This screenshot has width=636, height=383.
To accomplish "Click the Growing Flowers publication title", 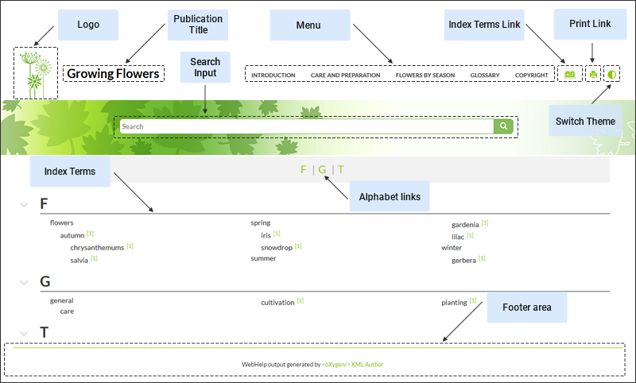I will coord(114,74).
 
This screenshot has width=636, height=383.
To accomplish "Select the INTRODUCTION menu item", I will coord(273,75).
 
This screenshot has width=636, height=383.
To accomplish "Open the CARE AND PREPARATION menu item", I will coord(345,75).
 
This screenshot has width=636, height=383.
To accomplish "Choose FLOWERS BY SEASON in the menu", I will coord(425,75).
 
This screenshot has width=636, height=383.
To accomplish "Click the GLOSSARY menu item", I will coord(484,75).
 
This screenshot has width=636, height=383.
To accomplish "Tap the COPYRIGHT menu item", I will coord(531,75).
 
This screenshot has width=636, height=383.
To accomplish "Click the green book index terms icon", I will coord(569,75).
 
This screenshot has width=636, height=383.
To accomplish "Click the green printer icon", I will coord(592,75).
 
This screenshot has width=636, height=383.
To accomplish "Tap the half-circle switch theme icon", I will coord(611,75).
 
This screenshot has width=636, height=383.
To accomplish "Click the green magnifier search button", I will coord(503,126).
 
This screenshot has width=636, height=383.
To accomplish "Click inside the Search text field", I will coord(306,126).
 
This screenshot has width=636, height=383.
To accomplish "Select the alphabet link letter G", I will coord(322,169).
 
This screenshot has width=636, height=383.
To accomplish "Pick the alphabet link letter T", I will coord(341,169).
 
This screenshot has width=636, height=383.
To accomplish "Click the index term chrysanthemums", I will coord(97,247).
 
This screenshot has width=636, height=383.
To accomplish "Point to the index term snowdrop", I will coord(277,247).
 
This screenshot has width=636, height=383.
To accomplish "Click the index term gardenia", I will coord(465,224).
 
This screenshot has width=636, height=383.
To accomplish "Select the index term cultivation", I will coord(277,302).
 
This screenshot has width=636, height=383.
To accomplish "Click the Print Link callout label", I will coord(590,24).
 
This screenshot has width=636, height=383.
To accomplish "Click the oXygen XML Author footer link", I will coord(352,365).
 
